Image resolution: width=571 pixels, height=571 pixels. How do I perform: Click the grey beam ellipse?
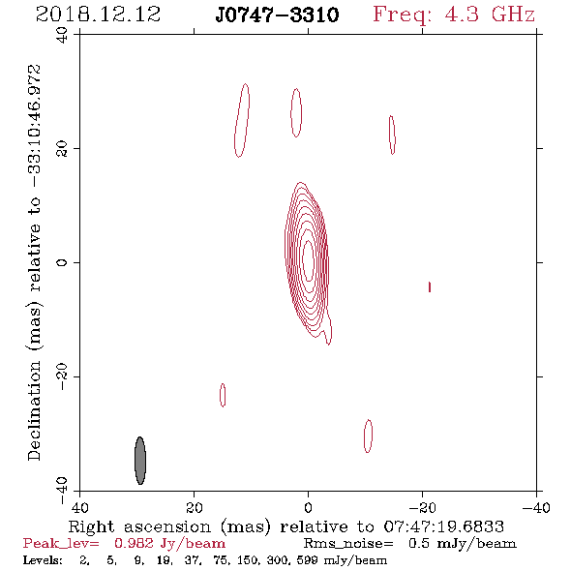pyautogui.click(x=140, y=461)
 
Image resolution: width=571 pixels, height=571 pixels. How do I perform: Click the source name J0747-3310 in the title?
pyautogui.click(x=277, y=15)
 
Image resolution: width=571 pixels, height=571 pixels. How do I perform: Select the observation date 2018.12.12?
pyautogui.click(x=98, y=15)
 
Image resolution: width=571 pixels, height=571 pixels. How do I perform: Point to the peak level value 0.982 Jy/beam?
pyautogui.click(x=170, y=544)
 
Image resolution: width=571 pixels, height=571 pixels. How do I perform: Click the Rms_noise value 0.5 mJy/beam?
pyautogui.click(x=462, y=544)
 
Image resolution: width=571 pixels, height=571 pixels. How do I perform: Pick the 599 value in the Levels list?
pyautogui.click(x=307, y=560)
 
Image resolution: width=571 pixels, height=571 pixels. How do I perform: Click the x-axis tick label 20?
pyautogui.click(x=195, y=508)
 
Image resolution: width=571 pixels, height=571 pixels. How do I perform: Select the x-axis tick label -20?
pyautogui.click(x=422, y=508)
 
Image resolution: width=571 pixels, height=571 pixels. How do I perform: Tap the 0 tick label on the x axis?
pyautogui.click(x=309, y=508)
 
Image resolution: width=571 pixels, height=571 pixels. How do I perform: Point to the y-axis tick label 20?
pyautogui.click(x=62, y=149)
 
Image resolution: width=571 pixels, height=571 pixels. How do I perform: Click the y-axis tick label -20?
pyautogui.click(x=62, y=376)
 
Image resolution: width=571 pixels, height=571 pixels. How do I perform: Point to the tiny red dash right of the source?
pyautogui.click(x=430, y=287)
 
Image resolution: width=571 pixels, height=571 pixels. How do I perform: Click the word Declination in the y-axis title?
pyautogui.click(x=34, y=411)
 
